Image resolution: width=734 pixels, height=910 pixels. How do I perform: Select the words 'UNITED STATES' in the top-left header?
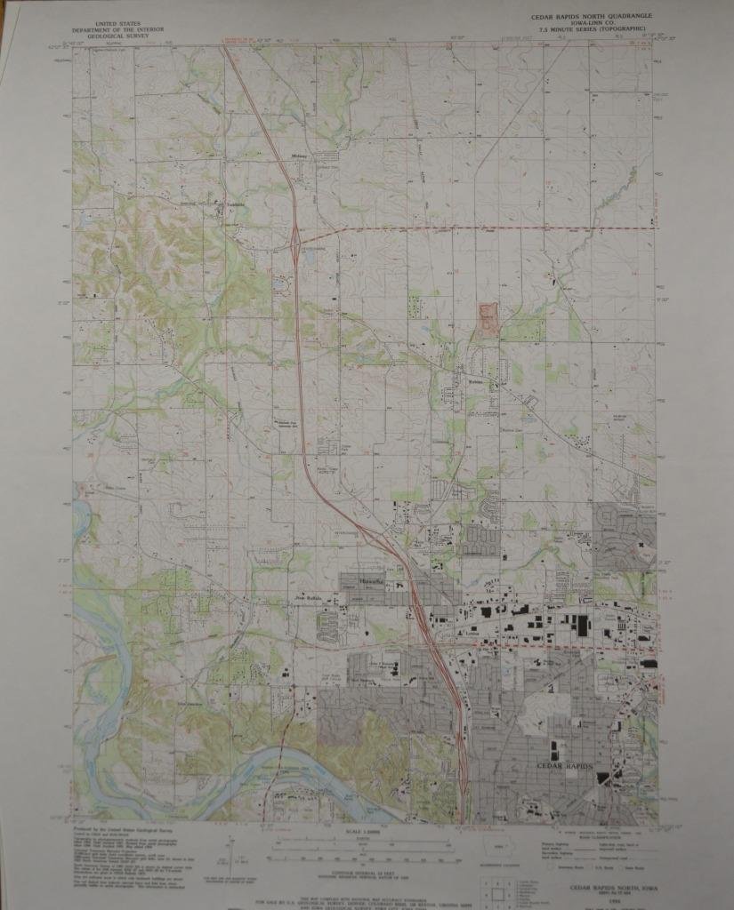(124, 17)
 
